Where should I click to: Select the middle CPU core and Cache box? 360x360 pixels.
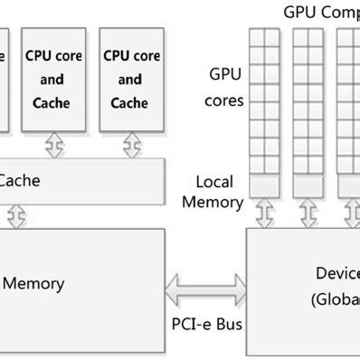[x=53, y=80]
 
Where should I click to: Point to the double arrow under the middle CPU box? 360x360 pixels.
[x=53, y=146]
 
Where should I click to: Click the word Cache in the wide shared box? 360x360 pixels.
[x=18, y=180]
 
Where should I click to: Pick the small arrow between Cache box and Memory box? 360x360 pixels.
[x=15, y=215]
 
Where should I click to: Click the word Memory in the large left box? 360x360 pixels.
[x=33, y=283]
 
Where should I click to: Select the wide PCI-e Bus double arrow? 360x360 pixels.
[x=206, y=289]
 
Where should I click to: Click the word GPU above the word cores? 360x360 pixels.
[x=226, y=73]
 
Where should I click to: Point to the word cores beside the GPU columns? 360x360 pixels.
[x=225, y=99]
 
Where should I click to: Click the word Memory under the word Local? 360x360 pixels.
[x=213, y=202]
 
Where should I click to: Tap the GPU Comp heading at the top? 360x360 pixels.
[x=321, y=12]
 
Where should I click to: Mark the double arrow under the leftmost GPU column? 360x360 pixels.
[x=264, y=214]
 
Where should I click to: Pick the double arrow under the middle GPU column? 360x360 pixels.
[x=308, y=214]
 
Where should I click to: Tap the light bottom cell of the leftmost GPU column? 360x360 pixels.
[x=264, y=185]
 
